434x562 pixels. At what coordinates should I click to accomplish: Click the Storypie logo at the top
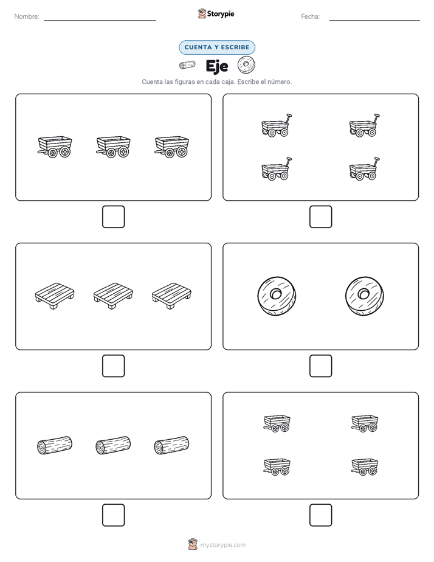(216, 13)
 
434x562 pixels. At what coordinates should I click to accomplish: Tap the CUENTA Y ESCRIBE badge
(217, 47)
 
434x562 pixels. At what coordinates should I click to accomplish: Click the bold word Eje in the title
(217, 66)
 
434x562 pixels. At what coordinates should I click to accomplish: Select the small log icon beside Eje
(187, 65)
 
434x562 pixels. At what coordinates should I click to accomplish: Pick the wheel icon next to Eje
(246, 65)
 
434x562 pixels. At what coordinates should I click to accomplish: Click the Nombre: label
(27, 16)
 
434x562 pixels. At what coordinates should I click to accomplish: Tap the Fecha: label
(311, 16)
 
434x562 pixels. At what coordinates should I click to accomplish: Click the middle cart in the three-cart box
(113, 147)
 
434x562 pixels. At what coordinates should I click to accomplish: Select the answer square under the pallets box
(114, 366)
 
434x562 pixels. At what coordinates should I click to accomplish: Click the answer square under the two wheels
(321, 366)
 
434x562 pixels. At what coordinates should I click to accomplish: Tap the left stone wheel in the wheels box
(277, 296)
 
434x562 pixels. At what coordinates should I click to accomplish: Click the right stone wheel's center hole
(364, 294)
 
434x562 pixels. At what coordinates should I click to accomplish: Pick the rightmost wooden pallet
(171, 296)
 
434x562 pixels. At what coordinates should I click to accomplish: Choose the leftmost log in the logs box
(55, 445)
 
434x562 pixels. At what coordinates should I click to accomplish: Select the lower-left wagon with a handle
(276, 168)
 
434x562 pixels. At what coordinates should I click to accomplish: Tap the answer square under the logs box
(114, 515)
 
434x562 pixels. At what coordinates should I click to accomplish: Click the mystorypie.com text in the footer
(222, 545)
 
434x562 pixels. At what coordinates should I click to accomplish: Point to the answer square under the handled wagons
(321, 217)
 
